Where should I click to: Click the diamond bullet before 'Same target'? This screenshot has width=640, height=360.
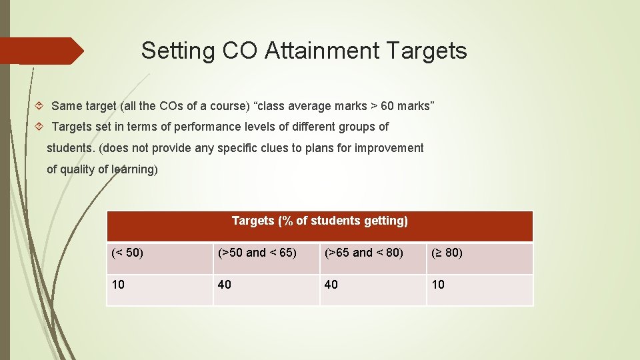coord(39,106)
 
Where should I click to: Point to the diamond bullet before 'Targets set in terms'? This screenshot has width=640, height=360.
coord(39,127)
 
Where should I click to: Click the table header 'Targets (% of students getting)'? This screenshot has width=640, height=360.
coord(320,221)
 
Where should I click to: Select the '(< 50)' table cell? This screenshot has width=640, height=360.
coord(127,253)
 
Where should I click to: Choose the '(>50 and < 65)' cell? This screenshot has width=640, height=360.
coord(257,253)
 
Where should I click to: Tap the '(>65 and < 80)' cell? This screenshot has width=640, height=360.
coord(364,253)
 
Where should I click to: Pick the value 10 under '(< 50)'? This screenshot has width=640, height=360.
coord(118,285)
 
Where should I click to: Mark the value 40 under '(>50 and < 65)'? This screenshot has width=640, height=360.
coord(225,285)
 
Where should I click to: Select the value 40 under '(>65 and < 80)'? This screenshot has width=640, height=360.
coord(331,285)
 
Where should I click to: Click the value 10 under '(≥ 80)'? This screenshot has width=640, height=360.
coord(438,285)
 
